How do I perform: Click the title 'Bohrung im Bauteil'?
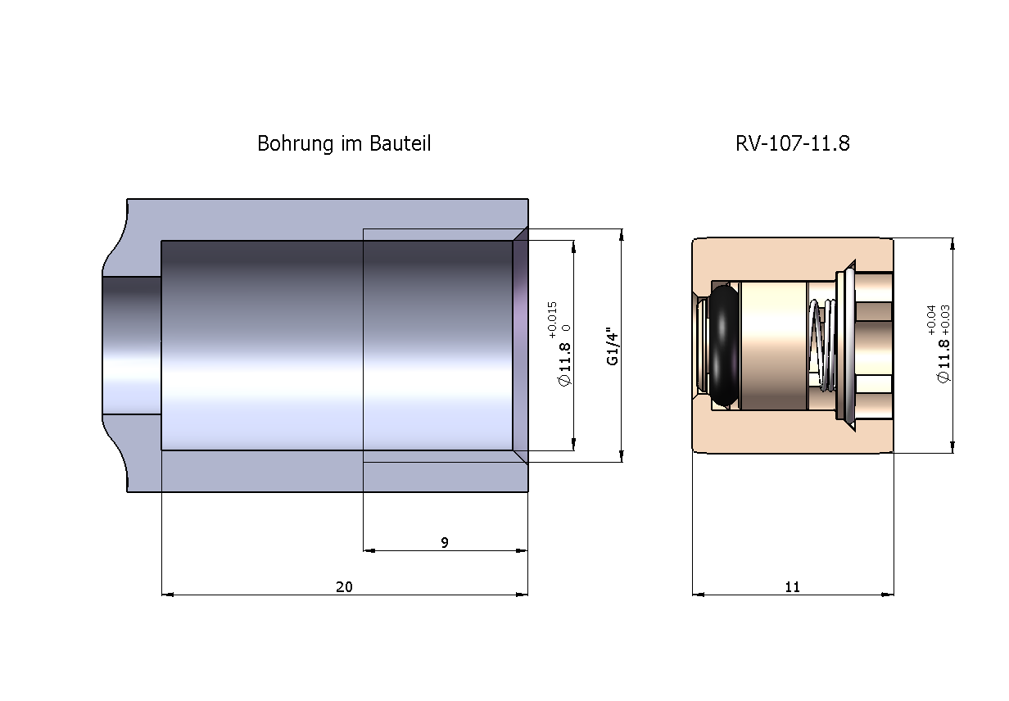344,143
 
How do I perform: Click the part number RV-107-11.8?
792,143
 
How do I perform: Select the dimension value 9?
445,542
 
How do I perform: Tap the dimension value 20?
344,586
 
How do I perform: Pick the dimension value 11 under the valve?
792,586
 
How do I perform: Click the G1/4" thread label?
613,346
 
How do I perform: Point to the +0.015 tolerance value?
553,319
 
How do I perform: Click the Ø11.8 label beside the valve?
943,361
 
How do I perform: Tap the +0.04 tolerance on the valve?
931,320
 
